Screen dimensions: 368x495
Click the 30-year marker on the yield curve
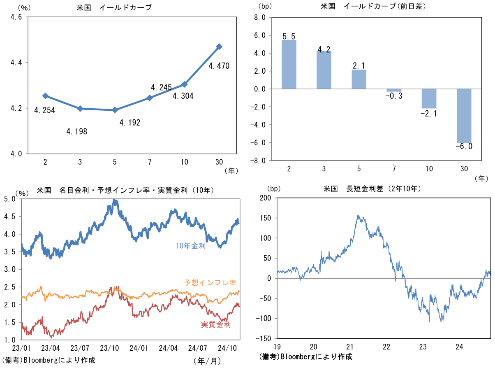(x=219, y=47)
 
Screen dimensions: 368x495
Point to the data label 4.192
(x=130, y=122)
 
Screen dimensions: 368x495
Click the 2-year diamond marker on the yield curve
(x=46, y=96)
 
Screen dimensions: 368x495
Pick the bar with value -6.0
(x=464, y=116)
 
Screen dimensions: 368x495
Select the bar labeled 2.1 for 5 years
(x=359, y=79)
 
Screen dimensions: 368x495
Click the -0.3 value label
(x=394, y=96)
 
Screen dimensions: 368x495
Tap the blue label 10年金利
(x=190, y=246)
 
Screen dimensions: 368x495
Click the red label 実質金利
(x=216, y=324)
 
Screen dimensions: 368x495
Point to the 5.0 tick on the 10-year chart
(x=9, y=199)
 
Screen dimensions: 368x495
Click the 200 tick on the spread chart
(x=266, y=198)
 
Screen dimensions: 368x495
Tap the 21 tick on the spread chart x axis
(x=350, y=346)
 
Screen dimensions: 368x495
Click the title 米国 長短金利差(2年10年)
(x=365, y=189)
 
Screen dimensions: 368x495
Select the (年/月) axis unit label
(x=208, y=360)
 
